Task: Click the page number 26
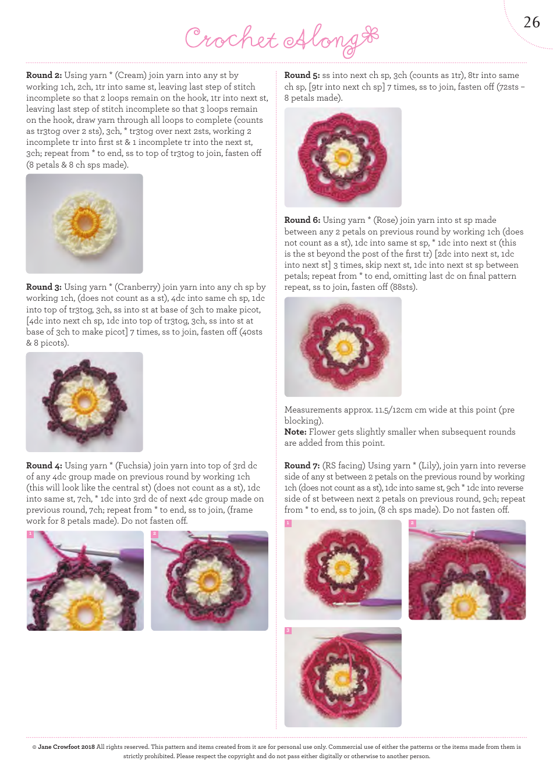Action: click(531, 23)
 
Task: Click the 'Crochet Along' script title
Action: click(282, 40)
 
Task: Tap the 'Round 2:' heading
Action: click(44, 75)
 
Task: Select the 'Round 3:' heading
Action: click(44, 287)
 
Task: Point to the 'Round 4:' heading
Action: click(44, 465)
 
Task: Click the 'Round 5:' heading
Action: click(302, 75)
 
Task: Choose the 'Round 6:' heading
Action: click(302, 220)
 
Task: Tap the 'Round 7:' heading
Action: click(302, 465)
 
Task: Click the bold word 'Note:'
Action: click(296, 432)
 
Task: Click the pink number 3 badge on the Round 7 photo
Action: click(288, 631)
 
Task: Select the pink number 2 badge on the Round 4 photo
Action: click(154, 534)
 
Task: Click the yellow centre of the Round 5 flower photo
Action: click(342, 157)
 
